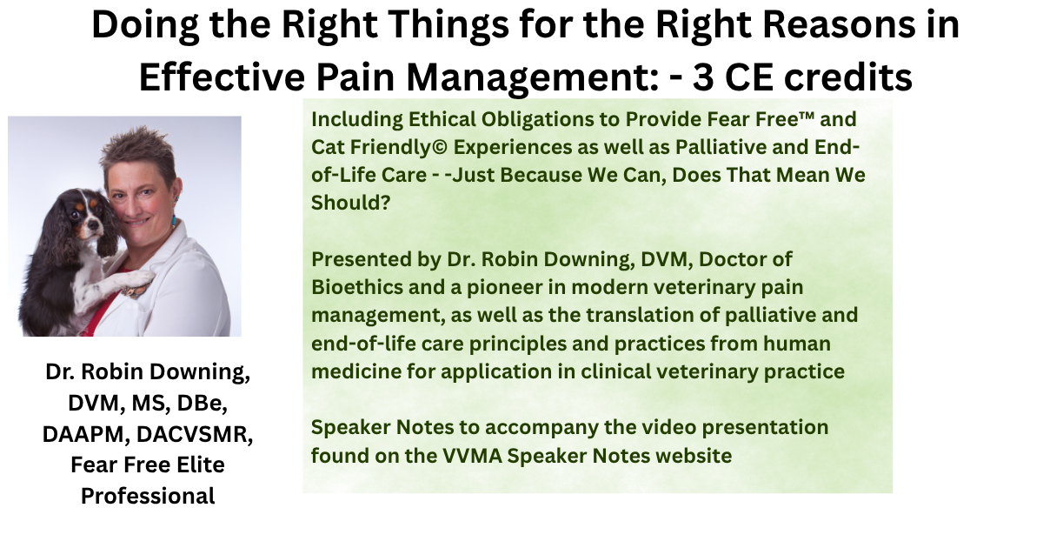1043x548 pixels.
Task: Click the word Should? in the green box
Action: (350, 204)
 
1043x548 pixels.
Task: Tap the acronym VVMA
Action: (472, 456)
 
